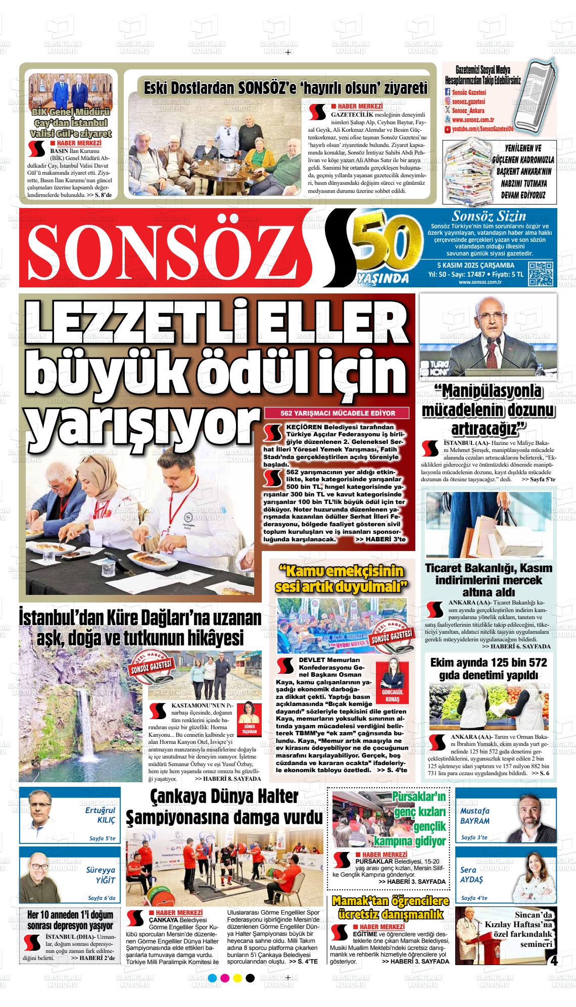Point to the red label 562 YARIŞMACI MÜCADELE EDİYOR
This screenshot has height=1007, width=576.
(338, 413)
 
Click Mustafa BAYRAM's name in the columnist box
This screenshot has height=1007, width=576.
(474, 815)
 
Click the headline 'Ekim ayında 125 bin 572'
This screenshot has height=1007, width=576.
(489, 662)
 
